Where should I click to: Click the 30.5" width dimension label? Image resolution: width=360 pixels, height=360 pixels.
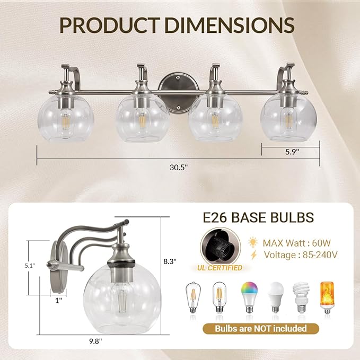[179, 166]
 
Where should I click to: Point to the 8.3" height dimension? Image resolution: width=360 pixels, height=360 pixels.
[170, 261]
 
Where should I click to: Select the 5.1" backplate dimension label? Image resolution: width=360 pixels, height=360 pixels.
[21, 267]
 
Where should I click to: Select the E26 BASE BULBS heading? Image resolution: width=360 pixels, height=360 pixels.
[258, 217]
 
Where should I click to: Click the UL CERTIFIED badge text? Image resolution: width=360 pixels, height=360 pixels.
[222, 268]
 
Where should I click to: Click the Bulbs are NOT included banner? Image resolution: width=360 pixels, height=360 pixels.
[260, 328]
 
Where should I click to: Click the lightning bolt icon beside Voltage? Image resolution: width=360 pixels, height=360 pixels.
[253, 255]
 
